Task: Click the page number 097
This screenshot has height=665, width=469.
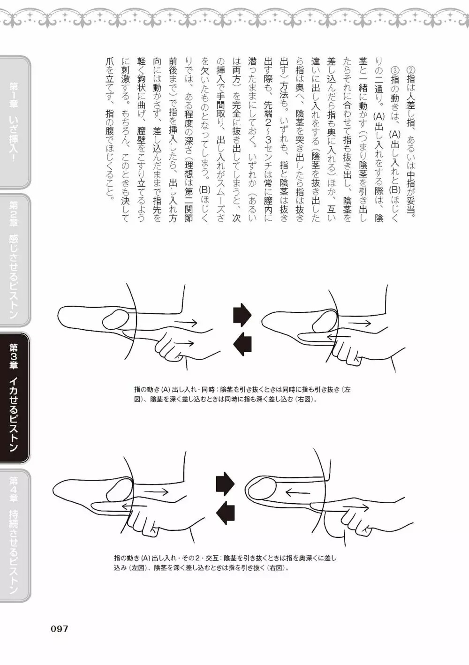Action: pyautogui.click(x=60, y=629)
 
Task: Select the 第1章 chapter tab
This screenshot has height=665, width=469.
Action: pyautogui.click(x=15, y=122)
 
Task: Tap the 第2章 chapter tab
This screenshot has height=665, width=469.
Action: pyautogui.click(x=15, y=260)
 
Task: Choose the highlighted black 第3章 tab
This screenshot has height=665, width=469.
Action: pyautogui.click(x=15, y=398)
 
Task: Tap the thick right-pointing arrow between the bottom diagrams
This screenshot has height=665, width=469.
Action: pyautogui.click(x=225, y=484)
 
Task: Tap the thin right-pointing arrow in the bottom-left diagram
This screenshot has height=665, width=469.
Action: pyautogui.click(x=157, y=492)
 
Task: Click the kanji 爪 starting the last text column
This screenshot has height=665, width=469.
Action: pyautogui.click(x=110, y=62)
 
